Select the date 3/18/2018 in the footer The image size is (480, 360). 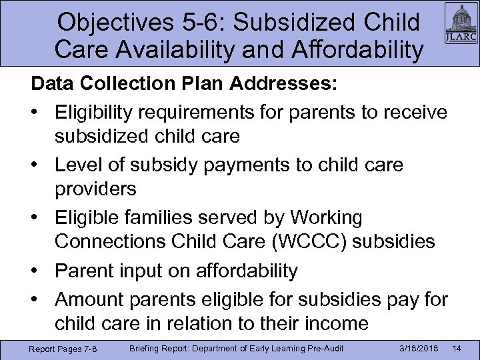(x=415, y=349)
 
